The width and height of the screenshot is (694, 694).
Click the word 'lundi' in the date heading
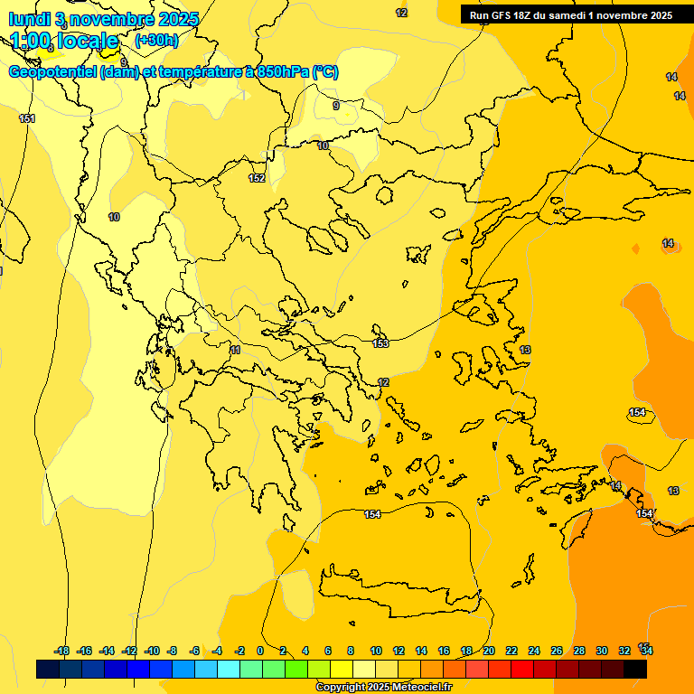pos(29,19)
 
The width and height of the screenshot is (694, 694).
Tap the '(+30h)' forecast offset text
pos(156,40)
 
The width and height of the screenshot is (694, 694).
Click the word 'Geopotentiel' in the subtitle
pos(52,72)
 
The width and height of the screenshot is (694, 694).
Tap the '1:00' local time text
pos(29,41)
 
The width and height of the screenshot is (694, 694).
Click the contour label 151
pos(27,118)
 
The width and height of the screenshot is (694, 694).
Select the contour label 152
pos(258,178)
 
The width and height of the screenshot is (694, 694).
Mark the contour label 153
pos(380,343)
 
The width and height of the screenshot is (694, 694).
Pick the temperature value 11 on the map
pos(236,350)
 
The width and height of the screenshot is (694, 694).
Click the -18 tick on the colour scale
pos(62,651)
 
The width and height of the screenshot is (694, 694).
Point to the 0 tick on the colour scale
pos(260,651)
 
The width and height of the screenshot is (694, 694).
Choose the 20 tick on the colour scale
pos(489,651)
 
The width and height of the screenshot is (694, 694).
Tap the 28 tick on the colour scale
pos(579,651)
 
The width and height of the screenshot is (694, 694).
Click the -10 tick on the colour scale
pos(152,651)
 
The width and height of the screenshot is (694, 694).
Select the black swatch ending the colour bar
pos(635,669)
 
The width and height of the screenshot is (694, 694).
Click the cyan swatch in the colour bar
pos(229,669)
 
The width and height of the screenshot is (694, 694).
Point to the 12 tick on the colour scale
pos(399,651)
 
